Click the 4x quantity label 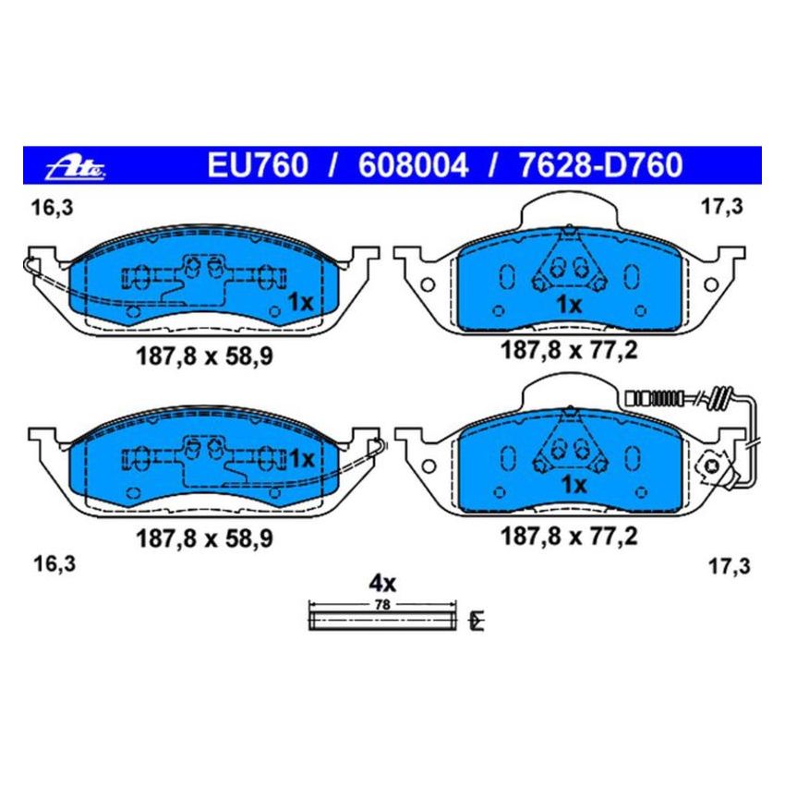[x=382, y=583]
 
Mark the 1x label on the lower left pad [x=301, y=458]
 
